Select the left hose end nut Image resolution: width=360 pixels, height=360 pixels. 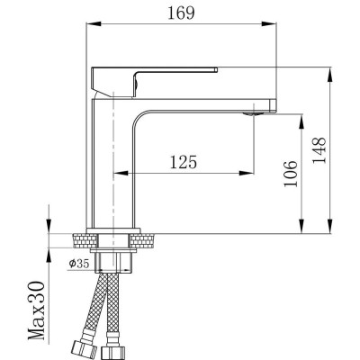pos(78,347)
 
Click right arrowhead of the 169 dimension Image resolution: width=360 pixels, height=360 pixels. pos(273,26)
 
